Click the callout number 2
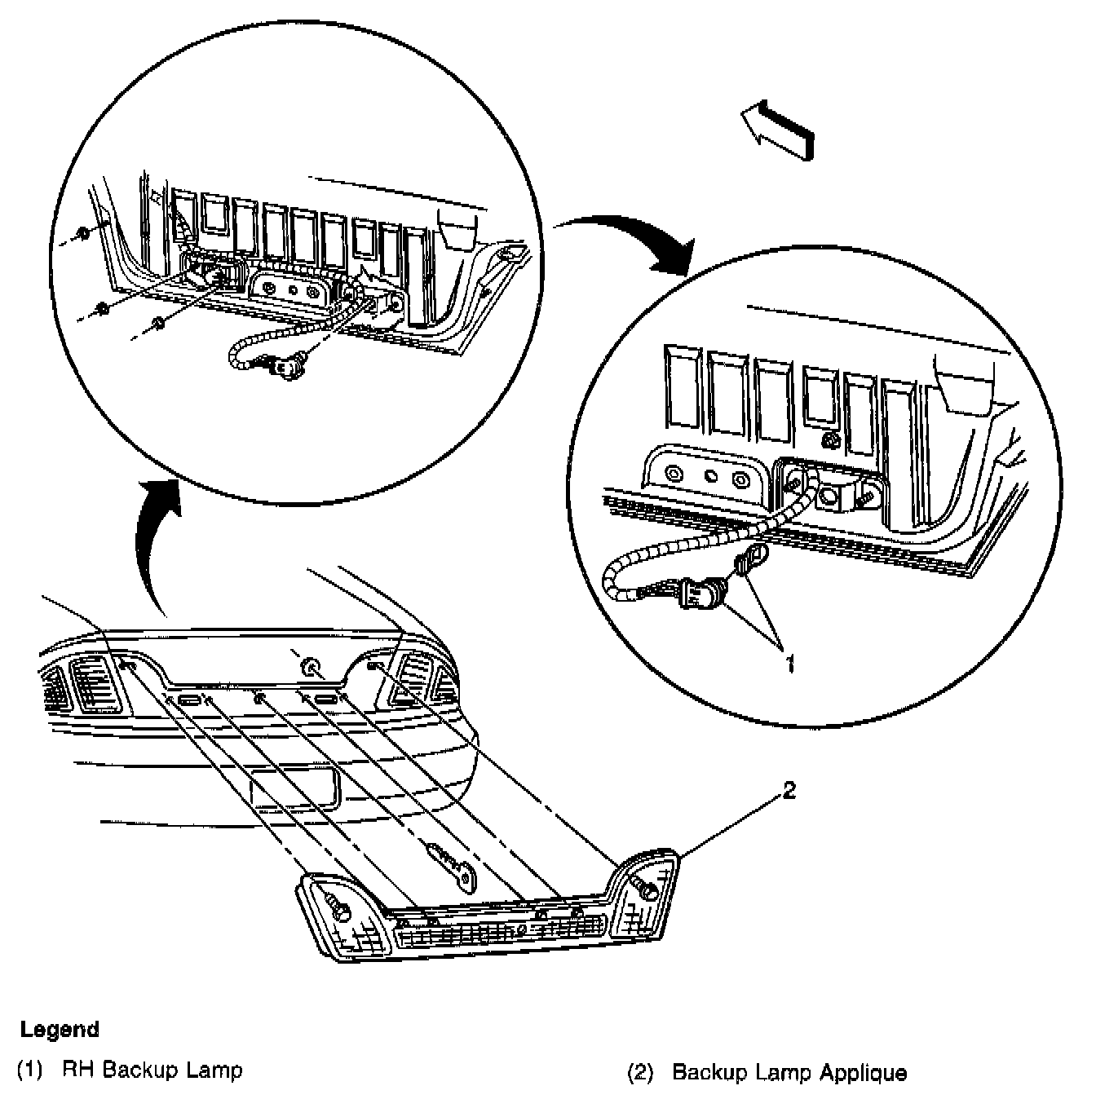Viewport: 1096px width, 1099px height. coord(788,790)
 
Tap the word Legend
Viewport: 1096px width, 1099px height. coord(60,1029)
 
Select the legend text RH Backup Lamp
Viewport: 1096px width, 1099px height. coord(152,1070)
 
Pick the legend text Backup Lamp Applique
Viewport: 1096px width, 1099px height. coord(789,1071)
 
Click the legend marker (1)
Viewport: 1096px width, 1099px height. coord(29,1070)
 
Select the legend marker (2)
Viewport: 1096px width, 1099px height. coord(640,1071)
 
